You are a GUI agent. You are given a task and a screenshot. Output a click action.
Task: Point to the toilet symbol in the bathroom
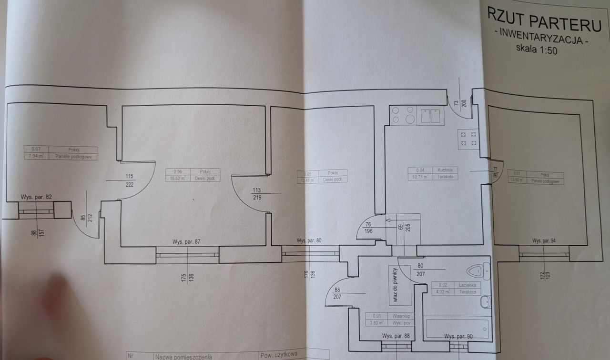click(x=477, y=271)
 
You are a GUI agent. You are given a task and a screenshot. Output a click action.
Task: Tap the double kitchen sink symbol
click(x=430, y=116)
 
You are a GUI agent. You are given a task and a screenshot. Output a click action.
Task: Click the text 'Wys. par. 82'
click(x=36, y=197)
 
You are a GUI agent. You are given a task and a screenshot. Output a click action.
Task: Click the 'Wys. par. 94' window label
click(x=544, y=241)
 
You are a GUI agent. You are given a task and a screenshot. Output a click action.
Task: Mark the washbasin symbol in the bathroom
click(x=486, y=301)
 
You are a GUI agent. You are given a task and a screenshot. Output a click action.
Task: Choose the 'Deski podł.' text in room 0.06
click(x=205, y=179)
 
